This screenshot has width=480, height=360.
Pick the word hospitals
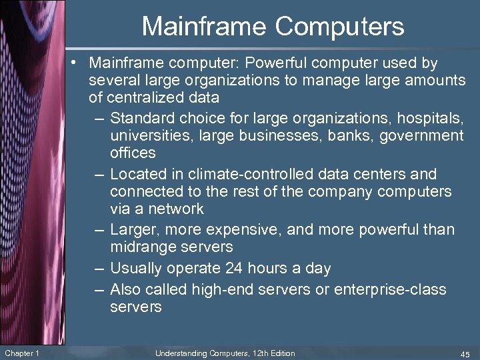click(429, 119)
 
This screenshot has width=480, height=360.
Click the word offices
click(133, 153)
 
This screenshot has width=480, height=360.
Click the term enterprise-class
click(391, 290)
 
